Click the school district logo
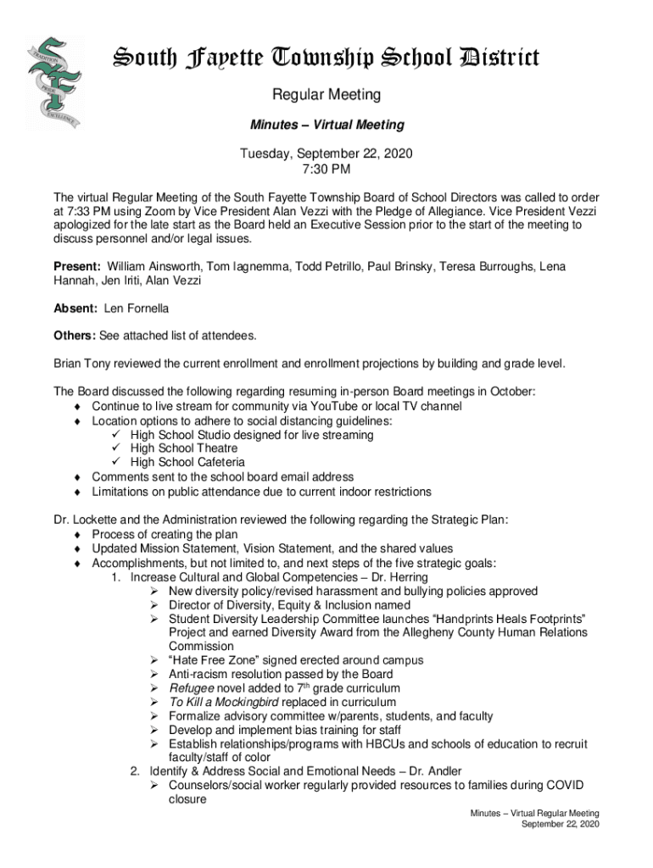[52, 82]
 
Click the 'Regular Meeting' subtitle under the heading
[326, 95]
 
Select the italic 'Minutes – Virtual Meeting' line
[326, 125]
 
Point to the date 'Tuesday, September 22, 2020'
[326, 155]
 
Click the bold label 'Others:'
[75, 336]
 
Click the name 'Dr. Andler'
[433, 771]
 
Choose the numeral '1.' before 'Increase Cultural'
[116, 577]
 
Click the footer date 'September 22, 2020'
[561, 824]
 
